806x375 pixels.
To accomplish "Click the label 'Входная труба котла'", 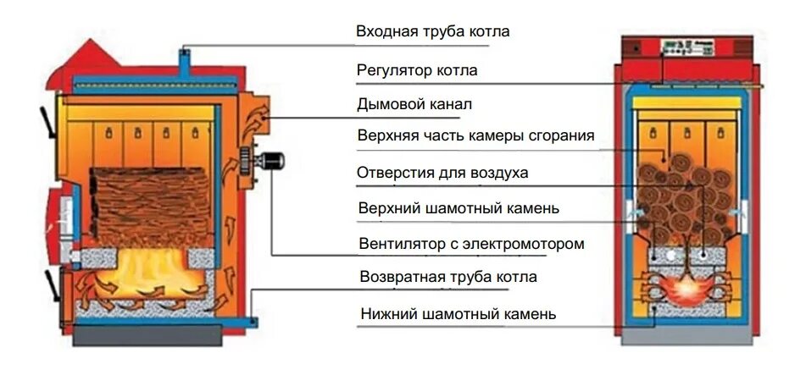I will click(432, 32).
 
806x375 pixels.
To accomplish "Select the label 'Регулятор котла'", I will click(417, 70).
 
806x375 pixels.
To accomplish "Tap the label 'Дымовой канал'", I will click(414, 105).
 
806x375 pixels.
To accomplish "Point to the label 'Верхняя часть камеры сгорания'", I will click(475, 136).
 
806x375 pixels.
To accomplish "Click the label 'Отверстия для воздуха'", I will click(442, 173).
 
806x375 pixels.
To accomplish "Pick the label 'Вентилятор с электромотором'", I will click(471, 244).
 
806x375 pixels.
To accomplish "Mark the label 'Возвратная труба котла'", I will click(447, 277).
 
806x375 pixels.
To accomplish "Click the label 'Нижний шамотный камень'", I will click(457, 314).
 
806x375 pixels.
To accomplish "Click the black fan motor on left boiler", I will click(273, 159).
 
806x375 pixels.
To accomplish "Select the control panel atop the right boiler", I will click(686, 47).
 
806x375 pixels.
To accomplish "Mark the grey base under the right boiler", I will click(687, 335).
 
